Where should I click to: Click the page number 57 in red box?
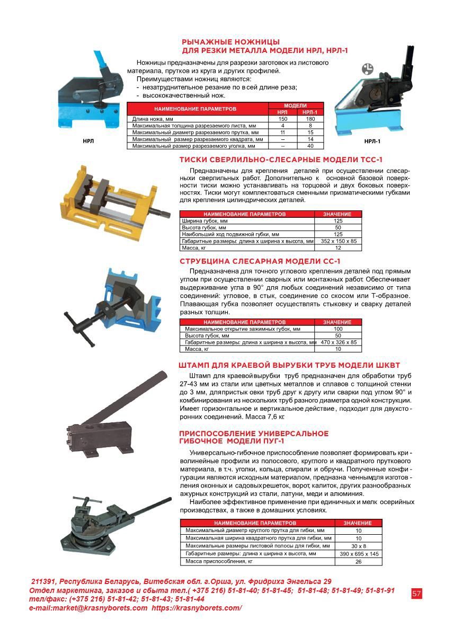pyautogui.click(x=416, y=593)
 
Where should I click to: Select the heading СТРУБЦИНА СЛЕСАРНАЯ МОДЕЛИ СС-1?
pyautogui.click(x=260, y=261)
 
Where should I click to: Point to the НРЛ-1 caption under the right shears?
pyautogui.click(x=372, y=141)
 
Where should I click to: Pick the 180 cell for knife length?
pyautogui.click(x=310, y=119)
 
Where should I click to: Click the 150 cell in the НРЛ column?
pyautogui.click(x=282, y=119)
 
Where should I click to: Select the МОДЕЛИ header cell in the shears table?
pyautogui.click(x=296, y=106)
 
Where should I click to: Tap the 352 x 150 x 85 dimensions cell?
pyautogui.click(x=339, y=241)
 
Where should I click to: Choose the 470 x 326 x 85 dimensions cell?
pyautogui.click(x=339, y=342)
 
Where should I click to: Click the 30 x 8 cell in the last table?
pyautogui.click(x=358, y=545)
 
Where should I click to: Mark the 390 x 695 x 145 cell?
pyautogui.click(x=358, y=554)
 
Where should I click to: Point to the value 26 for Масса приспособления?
pyautogui.click(x=358, y=562)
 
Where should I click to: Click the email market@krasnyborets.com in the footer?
pyautogui.click(x=88, y=608)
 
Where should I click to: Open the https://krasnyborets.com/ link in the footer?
pyautogui.click(x=197, y=608)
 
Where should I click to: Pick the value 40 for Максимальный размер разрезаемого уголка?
pyautogui.click(x=310, y=145)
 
